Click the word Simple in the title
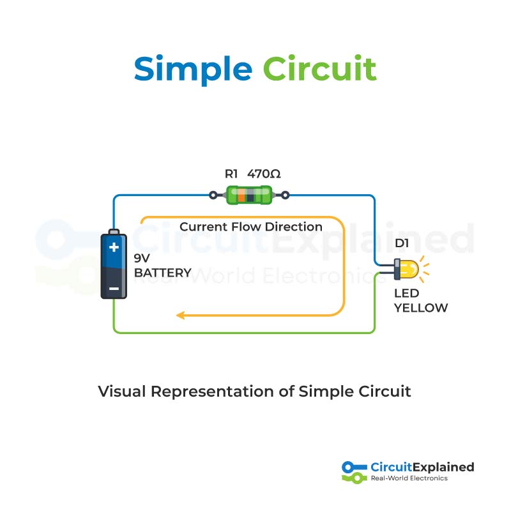tap(193, 69)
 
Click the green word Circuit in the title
tap(319, 69)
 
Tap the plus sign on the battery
tap(114, 247)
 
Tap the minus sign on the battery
tap(114, 289)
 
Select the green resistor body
tap(249, 195)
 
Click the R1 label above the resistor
tap(231, 173)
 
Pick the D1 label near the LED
tap(402, 243)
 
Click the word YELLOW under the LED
tap(420, 308)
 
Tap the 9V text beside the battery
tap(142, 259)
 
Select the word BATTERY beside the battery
tap(162, 273)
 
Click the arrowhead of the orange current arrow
tap(181, 315)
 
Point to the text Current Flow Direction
tap(250, 227)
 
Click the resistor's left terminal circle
tap(213, 195)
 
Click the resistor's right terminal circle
tap(286, 195)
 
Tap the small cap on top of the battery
tap(114, 231)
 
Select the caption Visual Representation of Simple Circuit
tap(254, 391)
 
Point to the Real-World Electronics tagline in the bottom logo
tap(409, 478)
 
